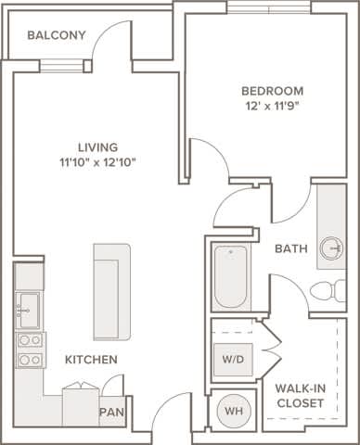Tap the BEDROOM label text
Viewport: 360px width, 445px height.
(272, 91)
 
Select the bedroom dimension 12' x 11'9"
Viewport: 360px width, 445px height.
(272, 106)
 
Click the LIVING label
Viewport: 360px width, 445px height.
(97, 146)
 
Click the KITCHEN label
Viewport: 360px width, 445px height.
(90, 359)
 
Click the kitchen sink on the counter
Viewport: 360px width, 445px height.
(27, 308)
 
